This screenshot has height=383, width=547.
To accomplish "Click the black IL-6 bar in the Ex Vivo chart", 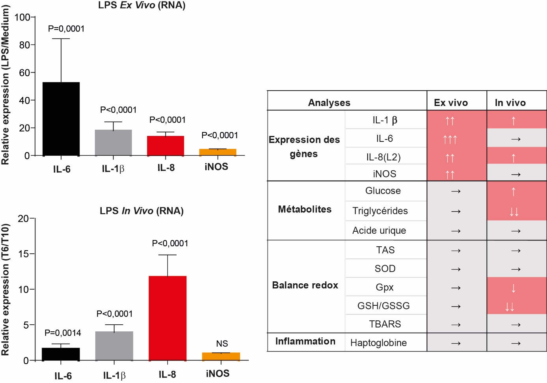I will click(61, 119).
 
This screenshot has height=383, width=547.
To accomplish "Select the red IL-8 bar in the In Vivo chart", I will click(167, 318).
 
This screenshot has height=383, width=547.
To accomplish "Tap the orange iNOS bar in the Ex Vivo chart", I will click(218, 152).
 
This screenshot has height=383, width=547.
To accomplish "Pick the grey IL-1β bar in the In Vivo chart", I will click(114, 346).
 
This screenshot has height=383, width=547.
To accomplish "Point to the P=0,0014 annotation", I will click(63, 333).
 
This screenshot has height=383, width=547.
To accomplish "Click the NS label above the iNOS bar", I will click(222, 344).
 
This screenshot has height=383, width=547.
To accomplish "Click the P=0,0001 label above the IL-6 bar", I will click(66, 29).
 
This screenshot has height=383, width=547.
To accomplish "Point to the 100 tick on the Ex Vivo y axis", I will click(22, 17).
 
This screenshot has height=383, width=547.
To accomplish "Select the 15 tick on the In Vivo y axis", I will click(24, 254).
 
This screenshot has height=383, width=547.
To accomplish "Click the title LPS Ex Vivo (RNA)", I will click(142, 6).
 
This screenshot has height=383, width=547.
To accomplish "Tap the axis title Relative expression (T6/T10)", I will click(5, 290).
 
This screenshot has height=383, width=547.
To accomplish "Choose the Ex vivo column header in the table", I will click(451, 103).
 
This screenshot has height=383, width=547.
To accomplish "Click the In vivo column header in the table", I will click(510, 103).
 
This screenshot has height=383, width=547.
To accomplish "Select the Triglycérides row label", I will click(380, 211).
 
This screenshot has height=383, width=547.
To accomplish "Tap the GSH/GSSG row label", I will click(383, 306).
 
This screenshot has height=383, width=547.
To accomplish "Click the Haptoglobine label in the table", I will click(378, 343).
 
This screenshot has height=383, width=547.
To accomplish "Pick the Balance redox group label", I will click(305, 285).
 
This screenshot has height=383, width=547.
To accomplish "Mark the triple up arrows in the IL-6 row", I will click(450, 139).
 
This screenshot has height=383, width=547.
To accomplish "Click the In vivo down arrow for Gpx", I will click(513, 288).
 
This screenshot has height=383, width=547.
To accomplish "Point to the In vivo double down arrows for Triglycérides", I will click(514, 212).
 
